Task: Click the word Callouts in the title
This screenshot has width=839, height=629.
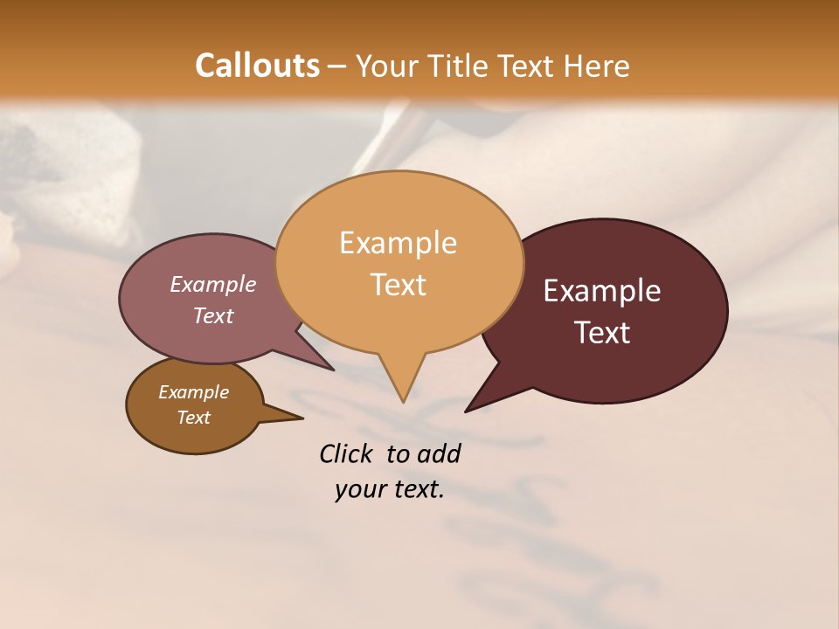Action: (x=257, y=66)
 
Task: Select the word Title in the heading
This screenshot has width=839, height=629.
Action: (x=458, y=66)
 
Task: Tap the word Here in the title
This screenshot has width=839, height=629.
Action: (x=597, y=66)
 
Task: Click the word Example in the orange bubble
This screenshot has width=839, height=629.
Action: (x=398, y=243)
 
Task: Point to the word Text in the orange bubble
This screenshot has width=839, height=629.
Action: (x=398, y=285)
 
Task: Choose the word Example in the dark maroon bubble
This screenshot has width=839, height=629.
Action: (x=602, y=291)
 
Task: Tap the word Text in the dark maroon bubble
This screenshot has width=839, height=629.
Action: (x=602, y=333)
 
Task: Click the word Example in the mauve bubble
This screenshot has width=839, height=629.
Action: (x=212, y=284)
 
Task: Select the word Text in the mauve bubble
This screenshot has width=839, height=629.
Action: (x=212, y=315)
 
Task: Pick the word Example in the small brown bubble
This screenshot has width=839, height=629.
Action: (x=193, y=392)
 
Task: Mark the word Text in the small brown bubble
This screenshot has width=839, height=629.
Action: (x=193, y=418)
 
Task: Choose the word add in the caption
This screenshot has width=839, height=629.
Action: (x=438, y=453)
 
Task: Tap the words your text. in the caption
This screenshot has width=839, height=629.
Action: (x=389, y=489)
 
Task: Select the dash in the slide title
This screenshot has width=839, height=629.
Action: (x=338, y=66)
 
